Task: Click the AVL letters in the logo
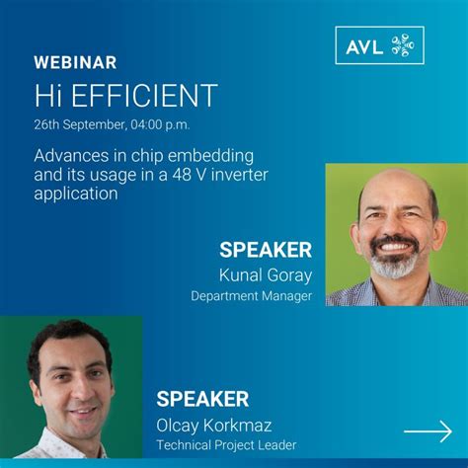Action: pos(364,46)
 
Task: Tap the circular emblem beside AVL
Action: pos(403,45)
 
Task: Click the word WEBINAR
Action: pos(75,62)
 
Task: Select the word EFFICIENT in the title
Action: pos(144,95)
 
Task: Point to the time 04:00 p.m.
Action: pos(160,125)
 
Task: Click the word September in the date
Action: pos(94,125)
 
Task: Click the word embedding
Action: pos(210,156)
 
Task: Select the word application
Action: pos(76,194)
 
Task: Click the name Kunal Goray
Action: pos(266,275)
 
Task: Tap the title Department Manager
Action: pos(251,296)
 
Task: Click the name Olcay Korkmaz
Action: pos(214,426)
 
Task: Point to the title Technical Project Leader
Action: pos(226,445)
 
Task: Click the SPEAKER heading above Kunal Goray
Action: pos(266,250)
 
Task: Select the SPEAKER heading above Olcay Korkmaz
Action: pos(202,399)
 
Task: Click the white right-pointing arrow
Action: pos(428,431)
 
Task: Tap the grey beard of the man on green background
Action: pos(393,264)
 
